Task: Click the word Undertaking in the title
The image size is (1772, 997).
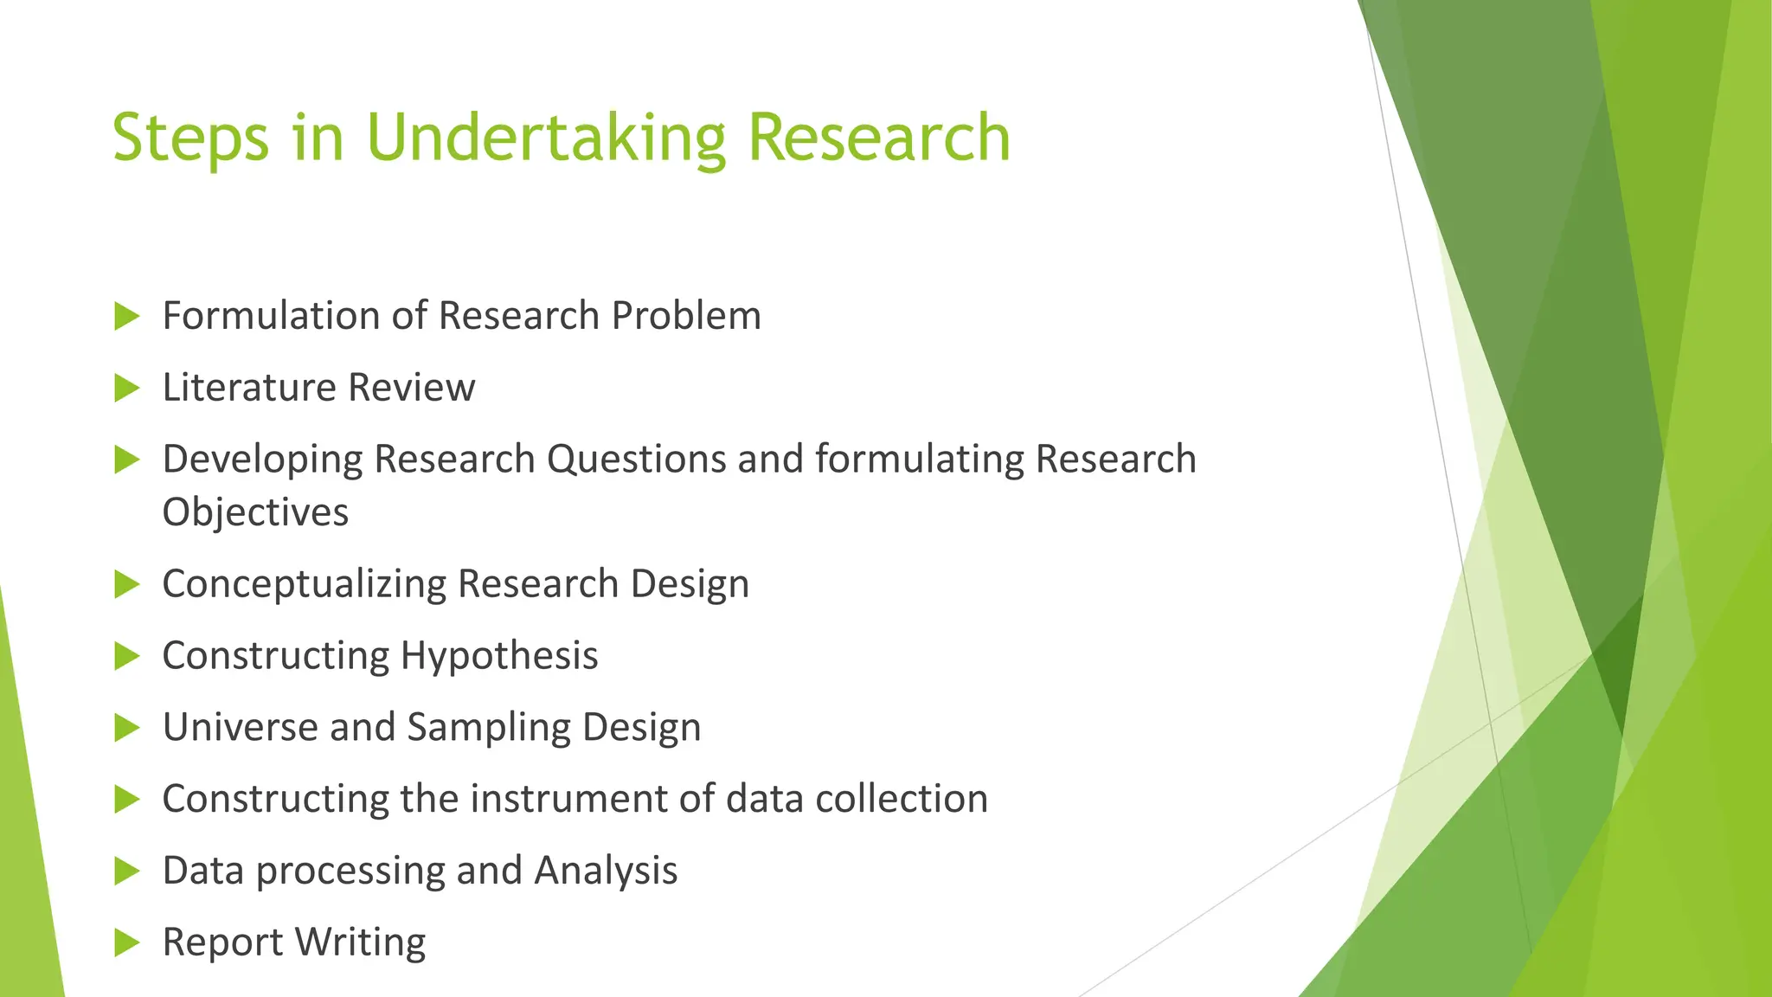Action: tap(545, 138)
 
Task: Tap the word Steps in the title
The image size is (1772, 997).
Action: tap(190, 138)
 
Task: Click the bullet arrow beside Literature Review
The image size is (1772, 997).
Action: tap(126, 388)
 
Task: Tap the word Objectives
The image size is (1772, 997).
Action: tap(255, 512)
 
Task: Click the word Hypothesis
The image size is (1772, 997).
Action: tap(499, 656)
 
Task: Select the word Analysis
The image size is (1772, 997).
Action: tap(606, 871)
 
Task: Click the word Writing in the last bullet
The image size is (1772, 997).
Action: tap(362, 942)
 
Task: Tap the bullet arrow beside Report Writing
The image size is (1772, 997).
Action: tap(126, 942)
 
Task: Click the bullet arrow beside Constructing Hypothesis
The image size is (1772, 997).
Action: tap(126, 656)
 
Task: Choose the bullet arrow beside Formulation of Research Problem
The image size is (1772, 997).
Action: tap(126, 316)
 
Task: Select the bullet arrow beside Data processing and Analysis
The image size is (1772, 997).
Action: tap(126, 871)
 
